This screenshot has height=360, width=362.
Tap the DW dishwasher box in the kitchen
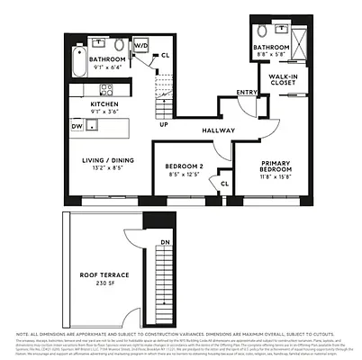coord(78,127)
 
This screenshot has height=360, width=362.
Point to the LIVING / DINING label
coord(109,159)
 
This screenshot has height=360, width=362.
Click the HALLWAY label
coord(219,130)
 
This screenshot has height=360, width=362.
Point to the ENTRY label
coord(246,93)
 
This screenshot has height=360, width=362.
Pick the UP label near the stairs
coord(162,125)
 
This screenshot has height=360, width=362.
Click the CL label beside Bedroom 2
coord(224,184)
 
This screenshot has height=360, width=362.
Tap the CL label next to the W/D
coord(165,56)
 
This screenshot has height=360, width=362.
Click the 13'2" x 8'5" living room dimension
coord(109,166)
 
